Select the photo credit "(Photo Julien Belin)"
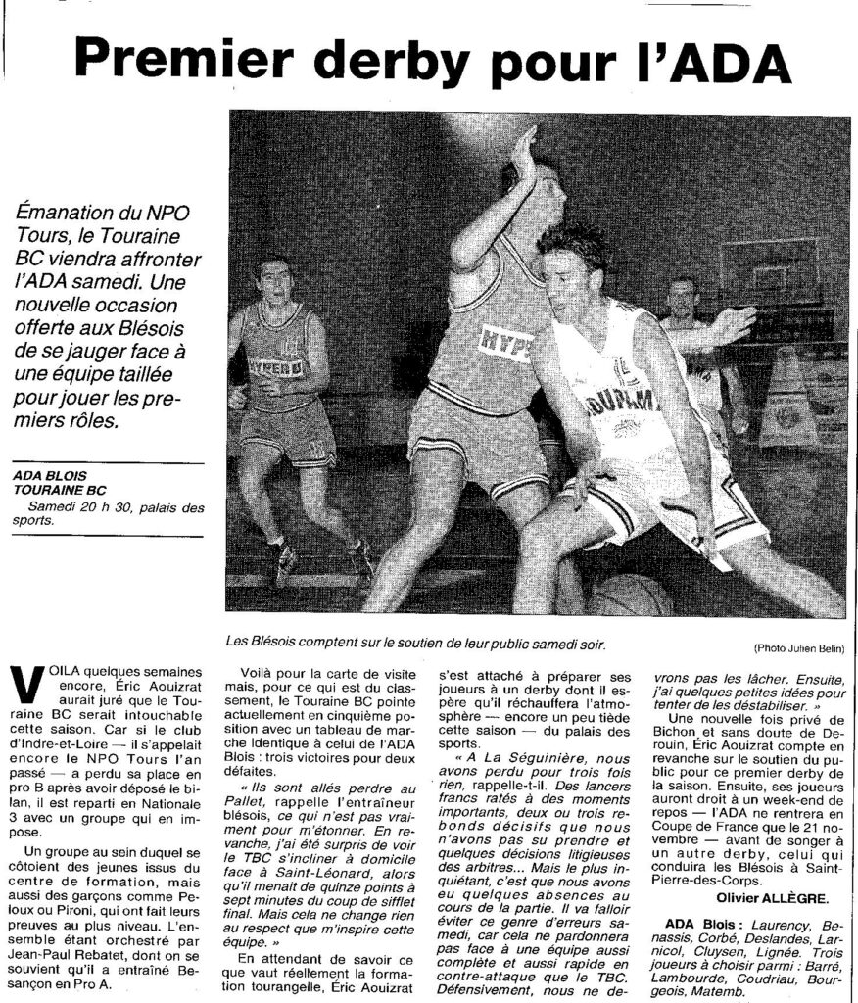[799, 649]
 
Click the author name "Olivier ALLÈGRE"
[773, 898]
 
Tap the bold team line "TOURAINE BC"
[60, 490]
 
